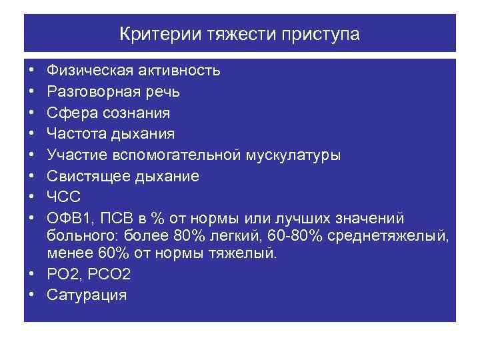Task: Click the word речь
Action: click(x=162, y=92)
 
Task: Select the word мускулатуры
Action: click(x=296, y=155)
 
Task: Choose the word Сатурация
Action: click(x=87, y=295)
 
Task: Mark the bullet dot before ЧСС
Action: click(x=32, y=198)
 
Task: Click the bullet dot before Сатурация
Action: click(x=32, y=295)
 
